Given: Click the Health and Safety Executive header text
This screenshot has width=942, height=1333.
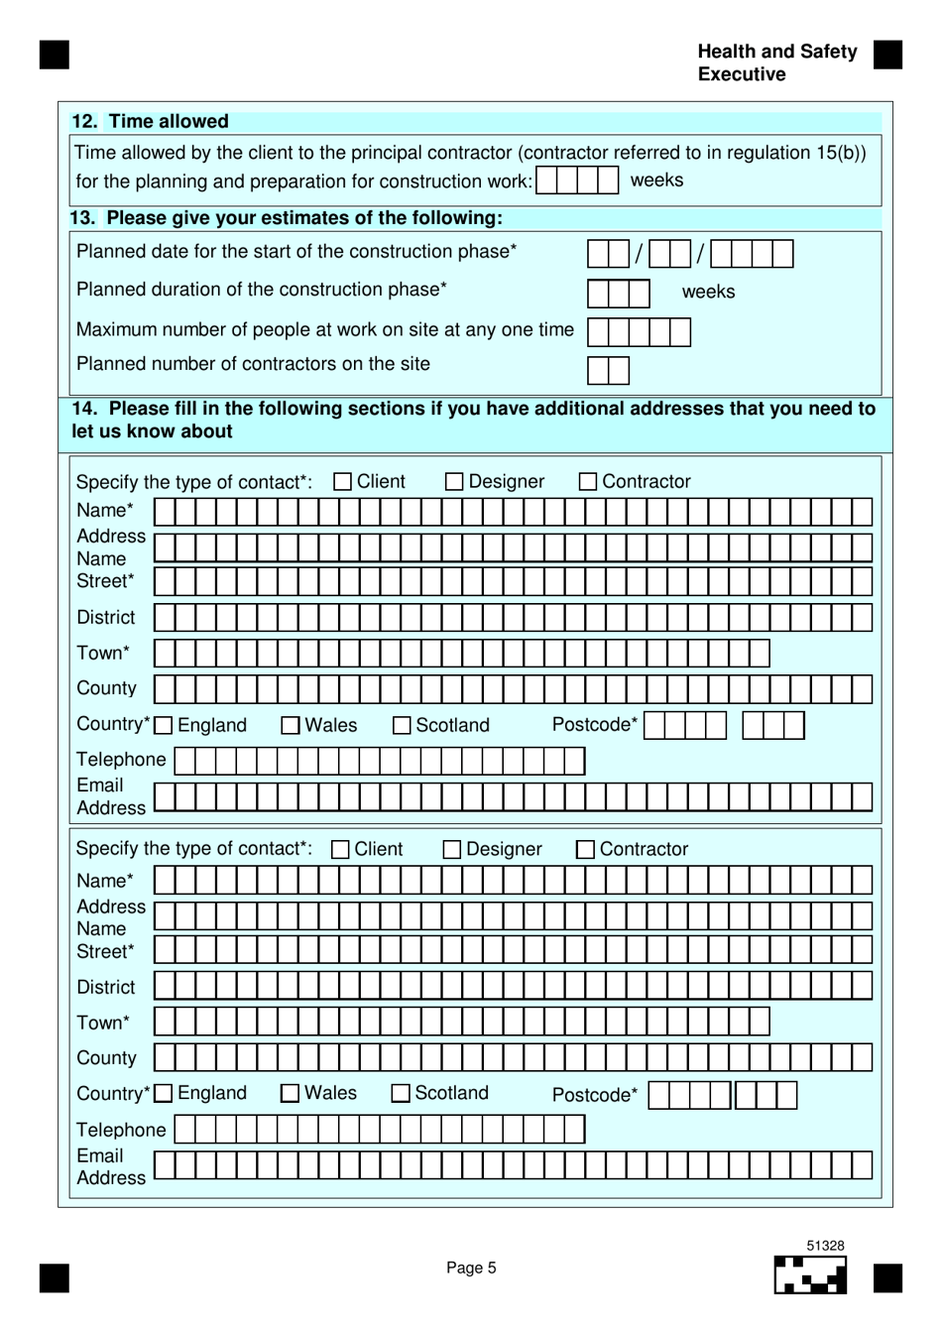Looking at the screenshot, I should tap(776, 62).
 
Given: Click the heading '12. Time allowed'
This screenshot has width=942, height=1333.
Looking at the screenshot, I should tap(150, 121).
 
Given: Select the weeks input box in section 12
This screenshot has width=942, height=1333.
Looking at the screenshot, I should tap(577, 181).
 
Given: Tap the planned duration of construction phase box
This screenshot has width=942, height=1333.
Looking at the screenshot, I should tap(618, 294).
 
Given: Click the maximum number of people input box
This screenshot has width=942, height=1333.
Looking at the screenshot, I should tap(639, 331).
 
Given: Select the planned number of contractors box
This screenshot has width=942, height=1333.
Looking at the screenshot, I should tap(608, 370).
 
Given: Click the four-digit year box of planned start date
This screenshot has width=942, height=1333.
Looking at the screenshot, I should tap(752, 254).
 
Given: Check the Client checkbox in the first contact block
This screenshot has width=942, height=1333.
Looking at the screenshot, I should tap(343, 482).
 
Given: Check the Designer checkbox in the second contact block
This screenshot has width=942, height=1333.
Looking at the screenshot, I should tap(452, 850).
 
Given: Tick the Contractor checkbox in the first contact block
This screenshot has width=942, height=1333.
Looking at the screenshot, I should tap(588, 482).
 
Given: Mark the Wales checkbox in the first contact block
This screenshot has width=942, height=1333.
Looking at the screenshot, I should tap(291, 726).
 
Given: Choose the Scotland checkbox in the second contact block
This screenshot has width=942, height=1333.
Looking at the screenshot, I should tap(401, 1093).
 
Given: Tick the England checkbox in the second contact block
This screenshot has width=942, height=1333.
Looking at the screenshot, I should tap(165, 1093).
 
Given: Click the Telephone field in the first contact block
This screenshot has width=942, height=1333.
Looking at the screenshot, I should tap(379, 761).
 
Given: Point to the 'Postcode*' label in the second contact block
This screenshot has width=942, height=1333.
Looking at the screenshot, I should tap(595, 1095).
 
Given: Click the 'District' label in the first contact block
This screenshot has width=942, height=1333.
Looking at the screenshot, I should tap(106, 618).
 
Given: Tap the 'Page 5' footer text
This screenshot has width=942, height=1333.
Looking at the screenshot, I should tap(471, 1268).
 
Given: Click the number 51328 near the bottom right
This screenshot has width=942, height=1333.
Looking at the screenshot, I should tap(825, 1246).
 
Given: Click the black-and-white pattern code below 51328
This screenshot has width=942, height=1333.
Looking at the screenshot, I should tap(810, 1275).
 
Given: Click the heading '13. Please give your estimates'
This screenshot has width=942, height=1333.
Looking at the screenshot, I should tap(286, 218).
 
